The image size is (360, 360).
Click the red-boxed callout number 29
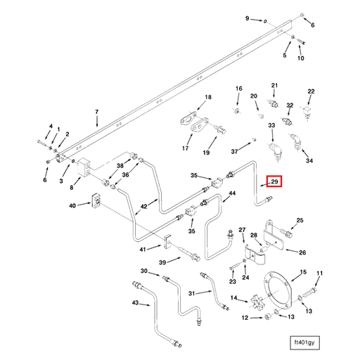[275, 183]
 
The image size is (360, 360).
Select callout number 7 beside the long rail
[97, 112]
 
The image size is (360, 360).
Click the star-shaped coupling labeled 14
[258, 303]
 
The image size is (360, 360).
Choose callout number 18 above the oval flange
[207, 97]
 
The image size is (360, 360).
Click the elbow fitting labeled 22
[308, 112]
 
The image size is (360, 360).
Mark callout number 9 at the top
[247, 18]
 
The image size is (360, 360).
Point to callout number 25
[300, 221]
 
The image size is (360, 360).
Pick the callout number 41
[143, 249]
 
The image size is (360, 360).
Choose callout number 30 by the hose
[144, 271]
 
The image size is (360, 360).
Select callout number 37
[235, 151]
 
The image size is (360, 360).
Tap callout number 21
[275, 85]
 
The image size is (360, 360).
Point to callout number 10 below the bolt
[301, 58]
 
